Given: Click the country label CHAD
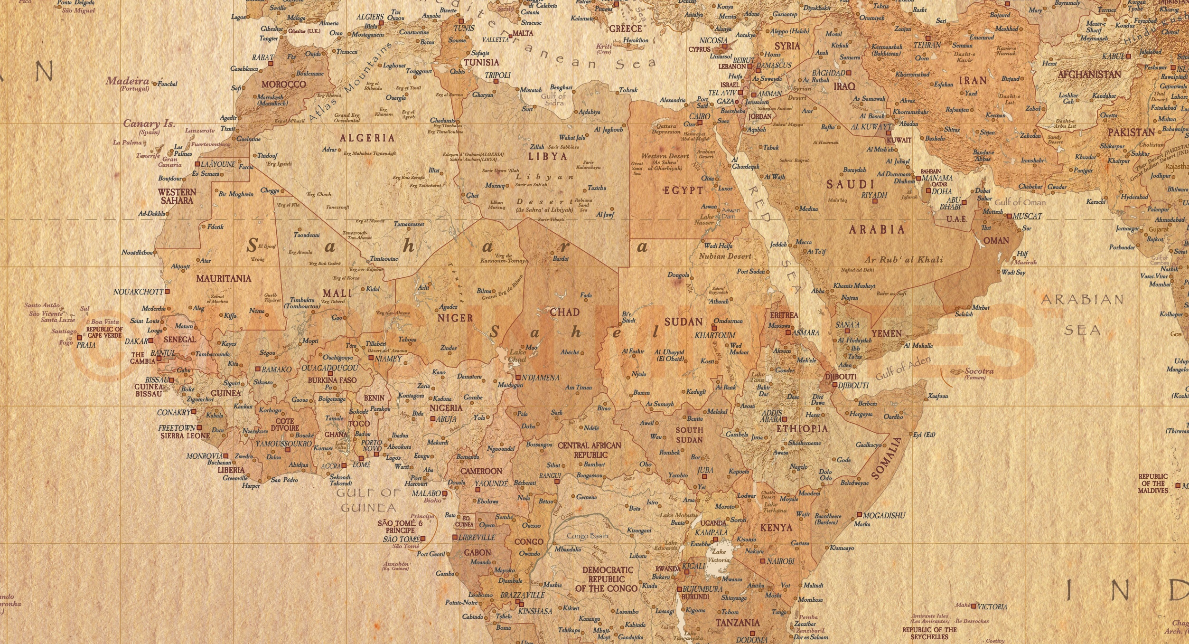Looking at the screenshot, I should [564, 312].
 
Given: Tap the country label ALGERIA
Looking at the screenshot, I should [367, 138].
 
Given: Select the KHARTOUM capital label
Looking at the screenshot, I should [715, 335].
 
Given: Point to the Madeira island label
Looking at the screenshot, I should [127, 81].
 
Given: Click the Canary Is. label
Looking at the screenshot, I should [149, 123].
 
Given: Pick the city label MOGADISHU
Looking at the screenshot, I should [884, 515].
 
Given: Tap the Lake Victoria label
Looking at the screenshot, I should [719, 556].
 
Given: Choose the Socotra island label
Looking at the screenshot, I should [979, 371].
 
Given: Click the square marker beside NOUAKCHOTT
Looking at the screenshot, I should [167, 292].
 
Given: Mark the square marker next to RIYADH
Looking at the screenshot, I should [875, 201].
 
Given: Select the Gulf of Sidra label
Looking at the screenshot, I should [553, 99].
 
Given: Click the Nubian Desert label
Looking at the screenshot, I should [725, 256].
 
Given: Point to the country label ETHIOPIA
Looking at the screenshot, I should [802, 429].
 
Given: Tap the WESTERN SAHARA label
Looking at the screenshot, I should [177, 196].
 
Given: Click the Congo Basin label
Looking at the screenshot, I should [587, 536].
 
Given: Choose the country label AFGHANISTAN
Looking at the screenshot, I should [1089, 75].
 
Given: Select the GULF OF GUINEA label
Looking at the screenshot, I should [369, 500].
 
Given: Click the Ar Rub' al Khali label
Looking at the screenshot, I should [904, 260].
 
